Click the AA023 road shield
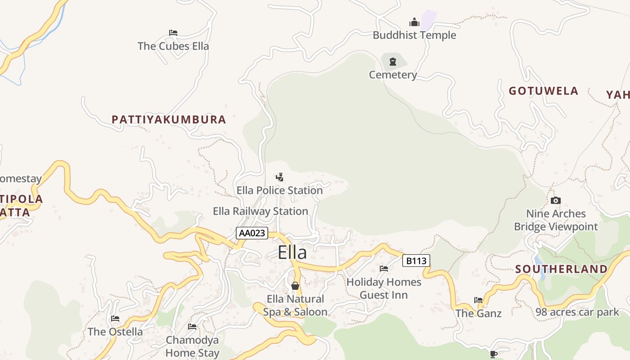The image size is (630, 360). tap(252, 233)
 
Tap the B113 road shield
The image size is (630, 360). tap(416, 261)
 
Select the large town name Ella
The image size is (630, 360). tap(292, 252)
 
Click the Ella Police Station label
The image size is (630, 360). tap(279, 190)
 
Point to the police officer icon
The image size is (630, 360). tap(279, 177)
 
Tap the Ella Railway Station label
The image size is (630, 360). tap(260, 211)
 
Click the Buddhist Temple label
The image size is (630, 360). tap(414, 35)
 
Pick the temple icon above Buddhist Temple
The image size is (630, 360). tap(414, 22)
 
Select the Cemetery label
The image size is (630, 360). tap(393, 75)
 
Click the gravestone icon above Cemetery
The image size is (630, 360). tap(393, 62)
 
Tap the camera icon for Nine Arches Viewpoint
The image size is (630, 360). tap(556, 201)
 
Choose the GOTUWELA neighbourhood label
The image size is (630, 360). tap(543, 91)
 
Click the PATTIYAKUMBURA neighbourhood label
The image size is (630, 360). tap(169, 120)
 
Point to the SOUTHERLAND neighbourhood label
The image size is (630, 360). tap(561, 269)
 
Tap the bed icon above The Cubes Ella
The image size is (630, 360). tap(173, 33)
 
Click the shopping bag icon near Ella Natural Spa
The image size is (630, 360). tap(295, 286)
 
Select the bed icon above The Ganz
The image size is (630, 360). tap(478, 300)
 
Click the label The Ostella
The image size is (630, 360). tap(115, 332)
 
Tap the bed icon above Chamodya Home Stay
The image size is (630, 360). tap(192, 327)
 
